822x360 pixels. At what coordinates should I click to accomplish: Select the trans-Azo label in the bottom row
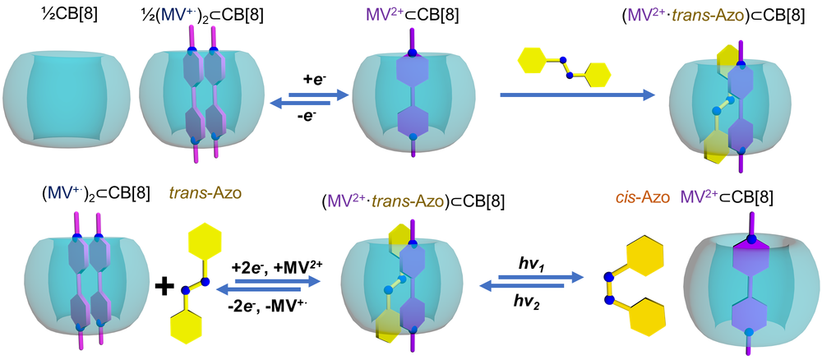pos(206,195)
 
